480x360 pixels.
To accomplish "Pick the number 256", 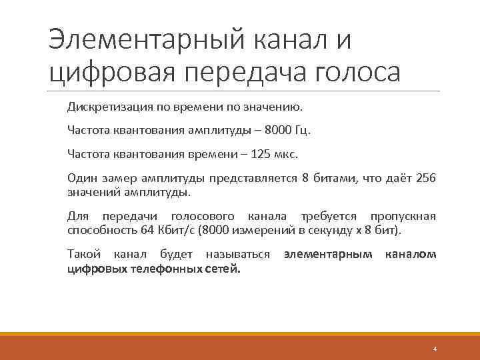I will [425, 179].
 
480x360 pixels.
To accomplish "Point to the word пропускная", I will [403, 217].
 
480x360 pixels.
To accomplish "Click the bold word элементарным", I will [328, 255].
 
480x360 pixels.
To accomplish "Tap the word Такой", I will [83, 255].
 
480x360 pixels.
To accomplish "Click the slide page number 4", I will [435, 349].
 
